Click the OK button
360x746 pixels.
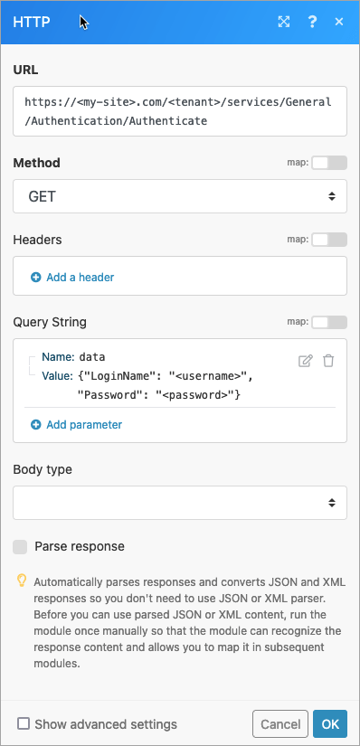(329, 723)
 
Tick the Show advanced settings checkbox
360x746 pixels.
(24, 723)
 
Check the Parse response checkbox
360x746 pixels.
(20, 546)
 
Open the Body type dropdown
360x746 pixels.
(180, 503)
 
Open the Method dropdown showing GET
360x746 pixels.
(180, 195)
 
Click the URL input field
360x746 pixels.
(180, 111)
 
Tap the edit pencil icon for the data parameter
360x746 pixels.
(306, 361)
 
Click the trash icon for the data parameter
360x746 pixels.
(328, 361)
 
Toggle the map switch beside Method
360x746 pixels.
(329, 163)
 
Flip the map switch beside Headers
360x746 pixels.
(329, 240)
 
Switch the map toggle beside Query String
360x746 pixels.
(329, 322)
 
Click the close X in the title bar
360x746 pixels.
(339, 21)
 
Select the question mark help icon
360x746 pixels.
(312, 21)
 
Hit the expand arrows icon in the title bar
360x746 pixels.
(284, 21)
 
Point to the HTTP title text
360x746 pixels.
(33, 21)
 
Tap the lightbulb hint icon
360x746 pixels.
(22, 581)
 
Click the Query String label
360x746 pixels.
(50, 322)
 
